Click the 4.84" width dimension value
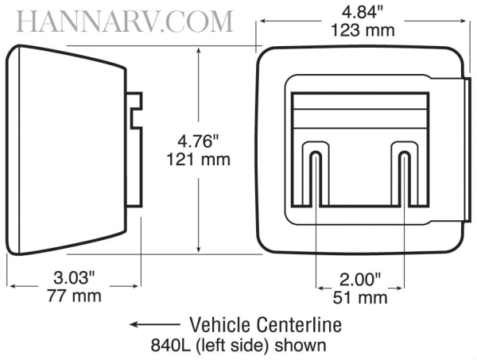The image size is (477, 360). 363,13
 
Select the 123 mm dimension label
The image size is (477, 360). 363,30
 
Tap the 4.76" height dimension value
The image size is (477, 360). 198,141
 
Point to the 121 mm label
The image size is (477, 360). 198,160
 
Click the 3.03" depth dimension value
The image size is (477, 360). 74,277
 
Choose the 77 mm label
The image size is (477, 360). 74,296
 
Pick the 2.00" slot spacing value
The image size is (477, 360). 360,280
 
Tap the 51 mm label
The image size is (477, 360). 360,298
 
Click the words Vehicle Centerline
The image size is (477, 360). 266,324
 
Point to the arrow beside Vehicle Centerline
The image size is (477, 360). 154,324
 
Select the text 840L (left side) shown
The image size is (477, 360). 238,345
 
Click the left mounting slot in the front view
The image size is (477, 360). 316,178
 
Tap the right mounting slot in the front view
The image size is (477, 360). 405,178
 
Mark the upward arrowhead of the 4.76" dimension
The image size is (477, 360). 199,51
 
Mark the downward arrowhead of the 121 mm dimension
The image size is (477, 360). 199,249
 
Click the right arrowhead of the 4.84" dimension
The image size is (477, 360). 462,21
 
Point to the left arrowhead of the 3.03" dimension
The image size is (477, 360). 14,286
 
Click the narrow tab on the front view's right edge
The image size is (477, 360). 468,149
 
